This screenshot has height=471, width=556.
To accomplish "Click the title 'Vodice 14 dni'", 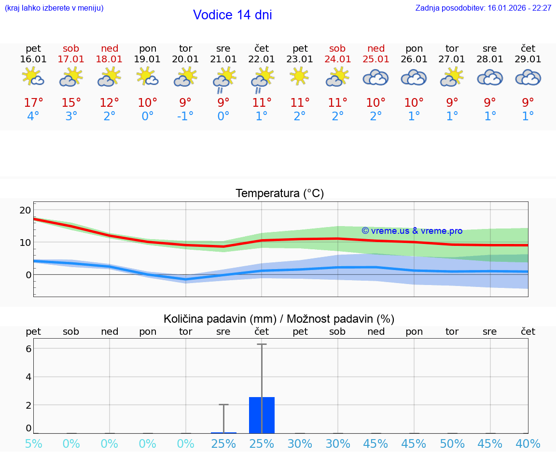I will [x=232, y=15].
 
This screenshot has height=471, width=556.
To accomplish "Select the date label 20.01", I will [x=185, y=59].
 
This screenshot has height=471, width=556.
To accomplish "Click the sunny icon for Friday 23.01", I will [x=300, y=76].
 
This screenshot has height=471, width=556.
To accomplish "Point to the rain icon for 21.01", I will [x=223, y=79].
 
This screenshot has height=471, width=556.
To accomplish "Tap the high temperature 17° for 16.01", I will [x=33, y=103].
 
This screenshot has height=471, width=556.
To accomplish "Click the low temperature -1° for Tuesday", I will [x=185, y=116].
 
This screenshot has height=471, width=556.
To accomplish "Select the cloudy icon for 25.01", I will [x=375, y=78].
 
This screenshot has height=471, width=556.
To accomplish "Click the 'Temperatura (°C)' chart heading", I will [x=279, y=194].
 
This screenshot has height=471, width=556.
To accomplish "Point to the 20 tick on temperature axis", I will [x=25, y=210].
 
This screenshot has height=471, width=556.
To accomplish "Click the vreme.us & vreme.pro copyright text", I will [x=412, y=231].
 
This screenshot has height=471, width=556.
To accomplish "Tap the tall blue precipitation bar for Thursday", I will [x=262, y=415].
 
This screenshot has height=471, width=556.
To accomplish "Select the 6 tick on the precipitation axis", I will [x=28, y=349].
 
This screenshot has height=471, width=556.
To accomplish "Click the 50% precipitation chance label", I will [x=452, y=444].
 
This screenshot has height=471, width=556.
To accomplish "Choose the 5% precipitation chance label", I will [x=33, y=444].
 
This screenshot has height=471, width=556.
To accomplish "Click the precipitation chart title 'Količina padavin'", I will [x=279, y=319].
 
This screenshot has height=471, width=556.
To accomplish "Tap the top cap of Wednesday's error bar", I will [x=223, y=404].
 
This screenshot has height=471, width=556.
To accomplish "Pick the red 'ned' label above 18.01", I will [x=110, y=49].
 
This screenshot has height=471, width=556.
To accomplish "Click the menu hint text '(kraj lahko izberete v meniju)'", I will [x=54, y=8].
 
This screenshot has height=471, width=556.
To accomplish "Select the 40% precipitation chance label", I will [x=528, y=444].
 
